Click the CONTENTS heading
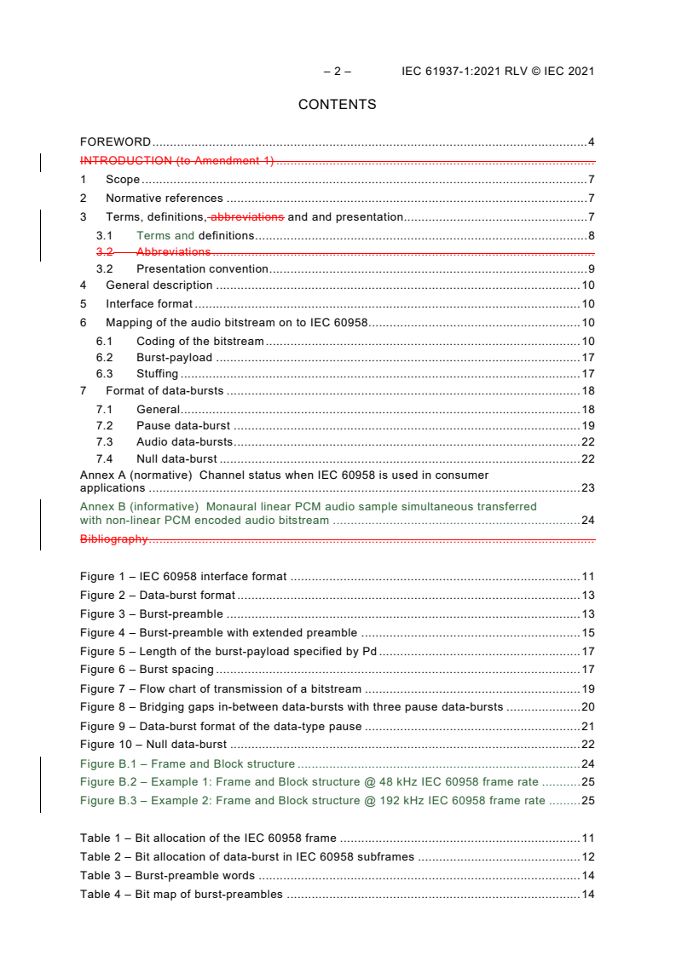pyautogui.click(x=337, y=105)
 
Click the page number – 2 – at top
pyautogui.click(x=337, y=72)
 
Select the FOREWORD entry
pyautogui.click(x=115, y=141)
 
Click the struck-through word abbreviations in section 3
pyautogui.click(x=247, y=216)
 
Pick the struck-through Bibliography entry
pyautogui.click(x=113, y=538)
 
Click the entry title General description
pyautogui.click(x=159, y=285)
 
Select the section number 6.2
pyautogui.click(x=104, y=358)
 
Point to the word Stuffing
pyautogui.click(x=157, y=373)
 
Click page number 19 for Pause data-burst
pyautogui.click(x=587, y=425)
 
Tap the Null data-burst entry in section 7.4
pyautogui.click(x=176, y=458)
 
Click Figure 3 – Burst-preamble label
pyautogui.click(x=151, y=613)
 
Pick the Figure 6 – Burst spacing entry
pyautogui.click(x=147, y=670)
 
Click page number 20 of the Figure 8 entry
pyautogui.click(x=587, y=706)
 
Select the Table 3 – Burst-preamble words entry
pyautogui.click(x=167, y=875)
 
